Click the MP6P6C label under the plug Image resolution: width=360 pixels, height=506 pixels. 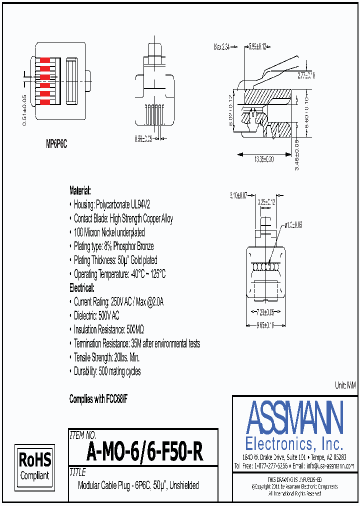[x=56, y=144]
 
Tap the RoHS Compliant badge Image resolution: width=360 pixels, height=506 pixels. [x=34, y=466]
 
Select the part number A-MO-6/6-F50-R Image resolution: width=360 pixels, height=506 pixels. [x=144, y=452]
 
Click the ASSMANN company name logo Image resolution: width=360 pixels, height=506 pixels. [x=295, y=417]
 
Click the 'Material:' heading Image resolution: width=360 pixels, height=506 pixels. [x=80, y=190]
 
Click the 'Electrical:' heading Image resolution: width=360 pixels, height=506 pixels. [x=81, y=288]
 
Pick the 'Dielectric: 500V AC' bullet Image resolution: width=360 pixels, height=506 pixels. [x=96, y=315]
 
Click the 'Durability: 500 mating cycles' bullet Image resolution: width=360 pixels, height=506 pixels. [x=107, y=371]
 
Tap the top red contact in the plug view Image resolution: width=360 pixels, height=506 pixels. [x=44, y=60]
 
